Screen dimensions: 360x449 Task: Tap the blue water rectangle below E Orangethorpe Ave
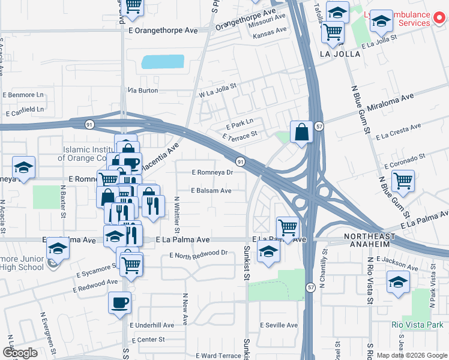[x=163, y=61]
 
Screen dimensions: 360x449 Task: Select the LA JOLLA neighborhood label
[x=340, y=54]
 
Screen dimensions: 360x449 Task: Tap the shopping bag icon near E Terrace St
[x=301, y=131]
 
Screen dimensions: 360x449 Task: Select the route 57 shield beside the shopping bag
[x=320, y=127]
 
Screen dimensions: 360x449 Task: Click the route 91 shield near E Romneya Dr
[x=240, y=162]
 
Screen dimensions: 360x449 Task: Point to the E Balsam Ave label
[x=211, y=191]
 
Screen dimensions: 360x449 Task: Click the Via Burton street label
[x=142, y=91]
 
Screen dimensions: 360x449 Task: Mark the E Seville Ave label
[x=279, y=325]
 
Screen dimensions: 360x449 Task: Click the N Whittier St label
[x=177, y=214]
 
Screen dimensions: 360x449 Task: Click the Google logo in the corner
[x=20, y=353]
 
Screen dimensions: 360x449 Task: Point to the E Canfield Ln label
[x=24, y=110]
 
